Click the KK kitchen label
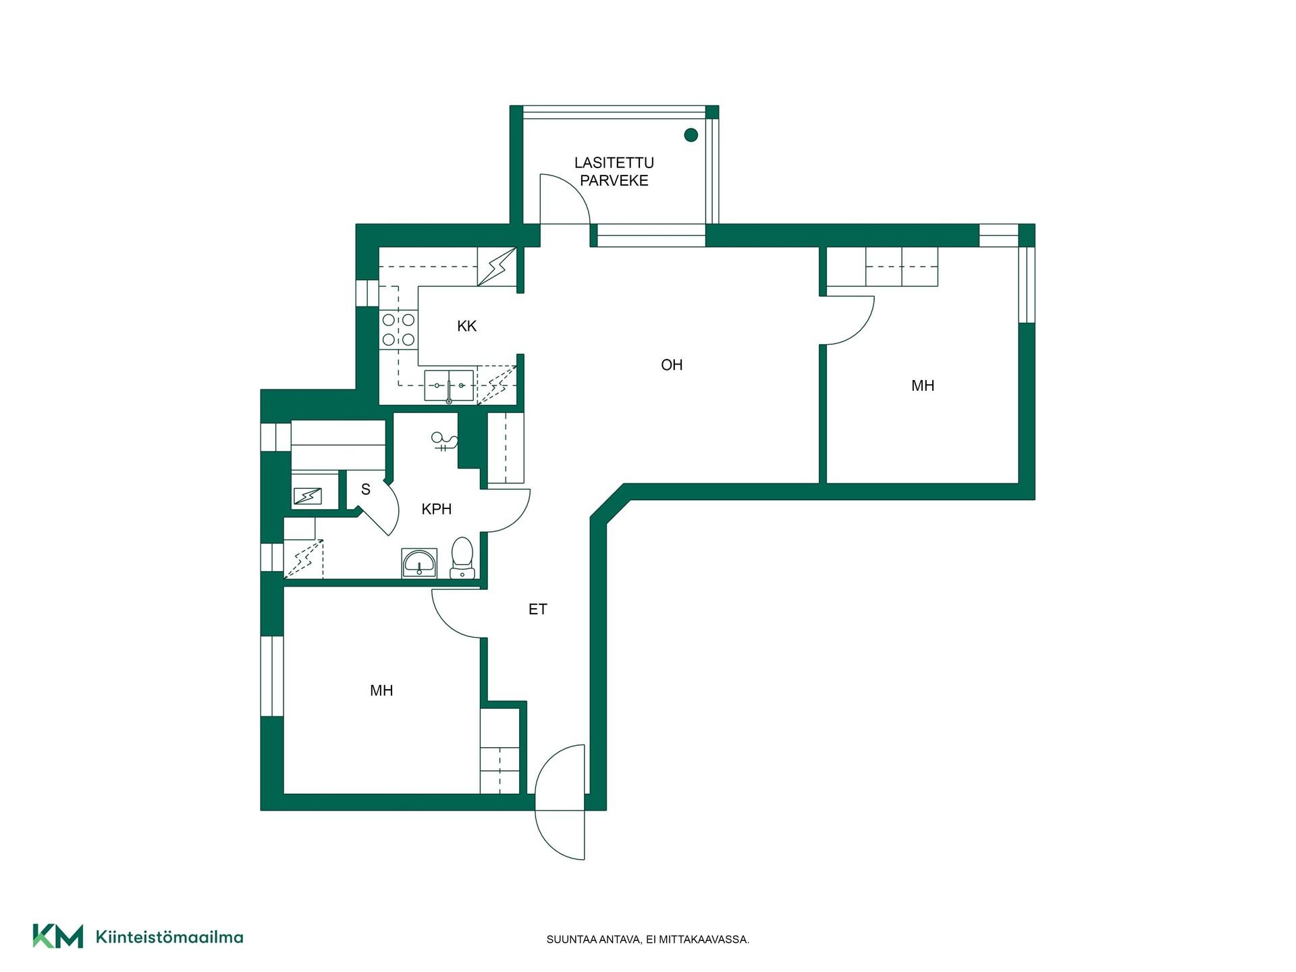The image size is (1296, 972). click(466, 326)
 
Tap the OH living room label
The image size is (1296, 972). click(672, 365)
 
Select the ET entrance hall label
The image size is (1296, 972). click(537, 610)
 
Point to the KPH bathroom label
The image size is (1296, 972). click(436, 509)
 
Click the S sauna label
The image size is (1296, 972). click(366, 489)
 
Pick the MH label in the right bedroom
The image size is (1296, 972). click(923, 385)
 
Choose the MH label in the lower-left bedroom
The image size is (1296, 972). click(381, 691)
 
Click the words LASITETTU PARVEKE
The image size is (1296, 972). click(614, 171)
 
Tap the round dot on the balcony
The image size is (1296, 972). click(691, 135)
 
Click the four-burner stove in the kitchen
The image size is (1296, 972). click(398, 329)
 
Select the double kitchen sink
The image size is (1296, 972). click(449, 385)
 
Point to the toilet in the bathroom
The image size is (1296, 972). click(462, 558)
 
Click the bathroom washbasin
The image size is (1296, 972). click(419, 563)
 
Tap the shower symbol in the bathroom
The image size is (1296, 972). click(444, 441)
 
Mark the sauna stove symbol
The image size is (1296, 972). click(308, 497)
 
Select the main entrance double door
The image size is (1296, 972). click(560, 802)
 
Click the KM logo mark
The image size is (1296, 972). click(58, 936)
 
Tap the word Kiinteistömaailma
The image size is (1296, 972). click(169, 937)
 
